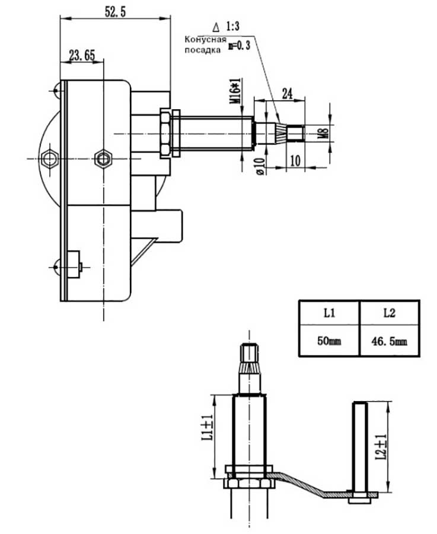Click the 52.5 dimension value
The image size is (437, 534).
click(x=116, y=11)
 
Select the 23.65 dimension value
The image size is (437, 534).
click(x=82, y=55)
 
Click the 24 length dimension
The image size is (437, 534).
click(x=287, y=93)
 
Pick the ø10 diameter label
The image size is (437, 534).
click(x=260, y=166)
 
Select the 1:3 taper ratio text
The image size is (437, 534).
click(x=233, y=26)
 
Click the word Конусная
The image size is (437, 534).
click(x=205, y=40)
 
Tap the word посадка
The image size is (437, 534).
click(x=202, y=50)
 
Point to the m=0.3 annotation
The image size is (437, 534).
click(x=239, y=45)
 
